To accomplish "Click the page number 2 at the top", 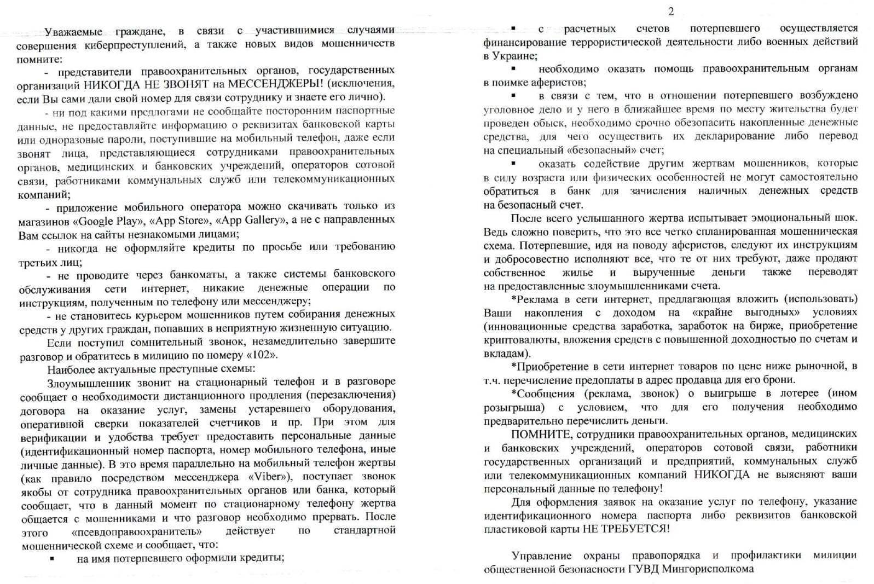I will (671, 11).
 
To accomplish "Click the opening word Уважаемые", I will (73, 32).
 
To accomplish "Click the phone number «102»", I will (262, 355).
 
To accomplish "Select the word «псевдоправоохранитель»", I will (136, 531).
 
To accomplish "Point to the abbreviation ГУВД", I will (644, 569).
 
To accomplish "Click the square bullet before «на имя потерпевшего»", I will (52, 558).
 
